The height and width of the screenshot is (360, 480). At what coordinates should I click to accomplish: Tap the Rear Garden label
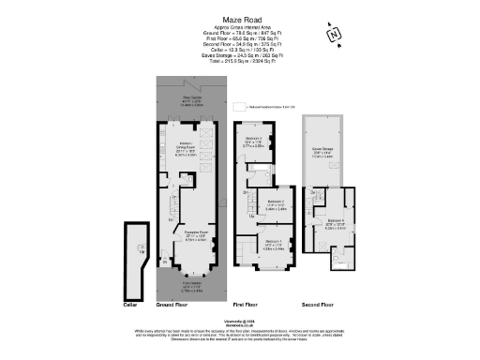coord(193,100)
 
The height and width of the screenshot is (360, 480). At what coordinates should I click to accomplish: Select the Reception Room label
coord(195,233)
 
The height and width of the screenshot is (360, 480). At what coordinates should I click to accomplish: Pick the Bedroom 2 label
coord(276,203)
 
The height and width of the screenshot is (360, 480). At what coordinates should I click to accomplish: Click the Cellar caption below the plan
coord(131,305)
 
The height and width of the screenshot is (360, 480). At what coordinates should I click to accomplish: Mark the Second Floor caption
coord(322,305)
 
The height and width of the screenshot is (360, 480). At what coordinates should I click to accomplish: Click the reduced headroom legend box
coord(238,107)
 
